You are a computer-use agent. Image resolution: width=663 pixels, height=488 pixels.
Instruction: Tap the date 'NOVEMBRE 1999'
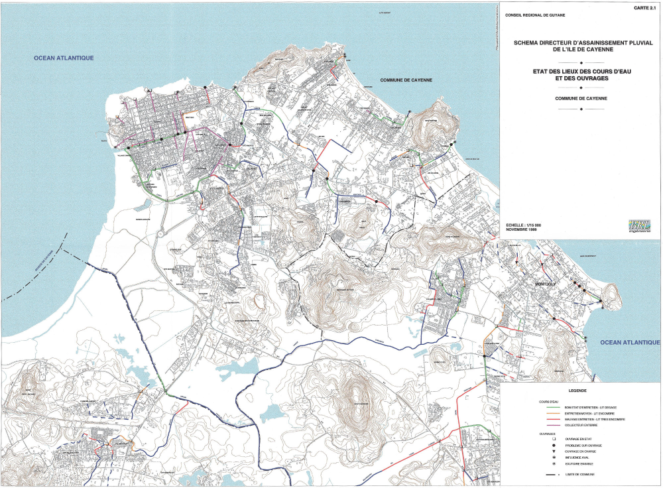point(520,230)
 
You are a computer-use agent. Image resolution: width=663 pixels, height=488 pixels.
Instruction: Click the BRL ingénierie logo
point(640,227)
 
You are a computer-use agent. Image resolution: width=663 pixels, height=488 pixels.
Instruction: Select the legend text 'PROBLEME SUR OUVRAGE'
point(582,445)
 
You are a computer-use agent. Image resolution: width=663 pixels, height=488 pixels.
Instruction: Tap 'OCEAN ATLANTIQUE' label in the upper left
point(64,58)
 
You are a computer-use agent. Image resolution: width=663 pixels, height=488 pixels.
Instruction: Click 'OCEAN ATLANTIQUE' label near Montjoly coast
point(630,342)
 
